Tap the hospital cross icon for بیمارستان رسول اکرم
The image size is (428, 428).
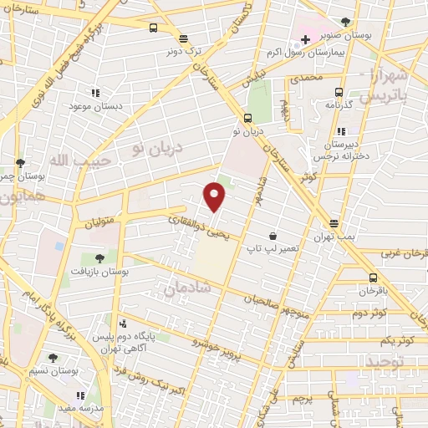coord(306,38)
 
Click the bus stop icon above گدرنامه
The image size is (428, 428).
coord(339,92)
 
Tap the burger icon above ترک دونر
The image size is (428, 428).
coord(183,38)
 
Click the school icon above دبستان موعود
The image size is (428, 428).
coord(94,92)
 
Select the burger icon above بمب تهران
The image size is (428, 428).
coord(334,223)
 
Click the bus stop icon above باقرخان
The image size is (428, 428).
coord(372,278)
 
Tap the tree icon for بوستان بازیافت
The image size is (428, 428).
coord(99,258)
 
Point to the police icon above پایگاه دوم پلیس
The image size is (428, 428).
coord(124,324)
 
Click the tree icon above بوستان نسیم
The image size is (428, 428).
coord(53,357)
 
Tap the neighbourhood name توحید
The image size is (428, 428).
coord(384,362)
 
